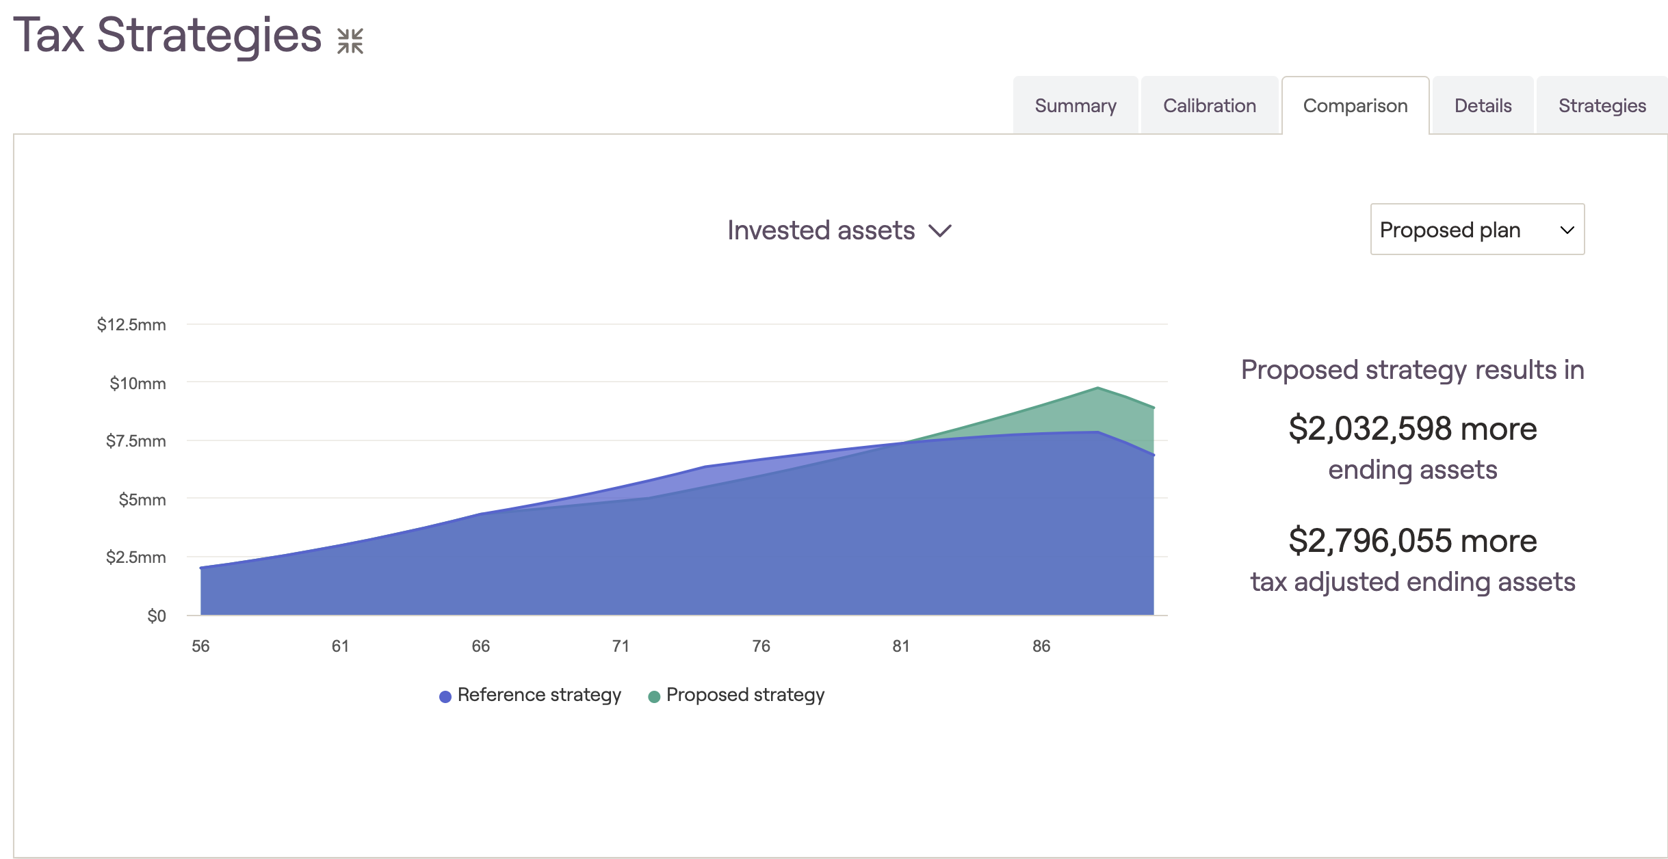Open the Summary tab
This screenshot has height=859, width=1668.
[x=1076, y=105]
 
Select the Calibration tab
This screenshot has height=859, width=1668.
[x=1210, y=105]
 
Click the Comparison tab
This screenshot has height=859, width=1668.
[x=1355, y=105]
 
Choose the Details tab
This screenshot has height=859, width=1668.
[x=1483, y=105]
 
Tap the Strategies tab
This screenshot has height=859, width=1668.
[x=1602, y=105]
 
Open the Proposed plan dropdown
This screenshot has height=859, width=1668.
[x=1477, y=229]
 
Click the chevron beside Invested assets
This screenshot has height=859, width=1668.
[x=940, y=230]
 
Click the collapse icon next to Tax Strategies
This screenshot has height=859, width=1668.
[x=350, y=41]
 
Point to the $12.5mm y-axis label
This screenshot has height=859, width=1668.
[x=131, y=324]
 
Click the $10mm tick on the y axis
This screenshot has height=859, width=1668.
[x=138, y=383]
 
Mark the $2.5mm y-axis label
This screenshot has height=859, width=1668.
[x=135, y=557]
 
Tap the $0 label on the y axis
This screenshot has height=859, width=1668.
[x=157, y=616]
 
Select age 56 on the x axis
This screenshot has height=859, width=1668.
[x=200, y=646]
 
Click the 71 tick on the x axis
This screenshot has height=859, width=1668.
[x=621, y=646]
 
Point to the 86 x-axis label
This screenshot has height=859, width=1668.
[x=1041, y=646]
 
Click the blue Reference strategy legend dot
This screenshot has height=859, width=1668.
[x=445, y=696]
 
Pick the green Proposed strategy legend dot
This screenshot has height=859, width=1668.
[x=654, y=696]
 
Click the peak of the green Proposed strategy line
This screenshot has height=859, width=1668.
[x=1097, y=388]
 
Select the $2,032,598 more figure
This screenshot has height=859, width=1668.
[x=1413, y=428]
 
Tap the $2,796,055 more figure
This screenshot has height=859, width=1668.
[x=1413, y=540]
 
